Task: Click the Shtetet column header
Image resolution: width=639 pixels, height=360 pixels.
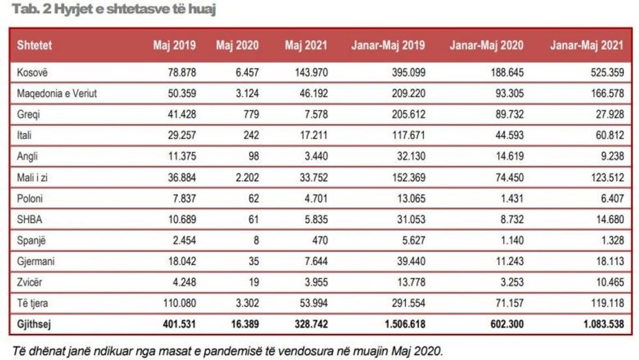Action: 35,46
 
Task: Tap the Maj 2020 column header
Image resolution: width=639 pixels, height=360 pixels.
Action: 237,46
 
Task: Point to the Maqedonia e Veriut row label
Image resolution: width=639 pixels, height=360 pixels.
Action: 57,93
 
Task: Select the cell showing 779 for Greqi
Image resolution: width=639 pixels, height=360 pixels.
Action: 250,115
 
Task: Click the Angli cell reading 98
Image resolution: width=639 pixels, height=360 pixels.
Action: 253,158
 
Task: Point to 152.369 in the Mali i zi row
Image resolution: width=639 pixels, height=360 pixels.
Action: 408,179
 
